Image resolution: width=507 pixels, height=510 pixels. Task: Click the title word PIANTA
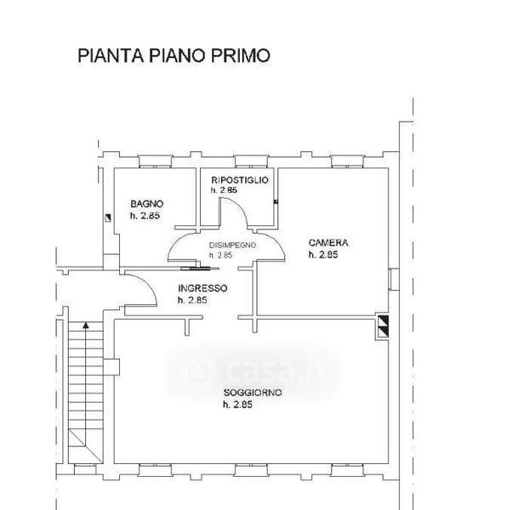(111, 55)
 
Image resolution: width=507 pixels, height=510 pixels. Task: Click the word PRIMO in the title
(241, 55)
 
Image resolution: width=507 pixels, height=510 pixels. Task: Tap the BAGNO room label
(147, 204)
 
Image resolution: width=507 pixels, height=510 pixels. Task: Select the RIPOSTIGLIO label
(240, 180)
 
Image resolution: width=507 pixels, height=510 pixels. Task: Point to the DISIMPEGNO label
(232, 245)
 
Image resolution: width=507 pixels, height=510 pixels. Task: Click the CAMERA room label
(328, 242)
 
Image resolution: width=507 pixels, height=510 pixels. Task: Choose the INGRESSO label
(202, 288)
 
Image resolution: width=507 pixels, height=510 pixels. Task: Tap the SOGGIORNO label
(253, 393)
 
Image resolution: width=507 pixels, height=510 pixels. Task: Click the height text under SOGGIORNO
(237, 405)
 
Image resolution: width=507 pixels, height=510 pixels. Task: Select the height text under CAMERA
(323, 255)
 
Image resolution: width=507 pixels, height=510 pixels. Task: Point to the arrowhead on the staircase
(86, 325)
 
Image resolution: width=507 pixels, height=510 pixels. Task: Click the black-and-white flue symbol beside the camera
(383, 326)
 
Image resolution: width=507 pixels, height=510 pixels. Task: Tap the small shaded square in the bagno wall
(108, 218)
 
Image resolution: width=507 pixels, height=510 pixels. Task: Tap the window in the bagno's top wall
(155, 161)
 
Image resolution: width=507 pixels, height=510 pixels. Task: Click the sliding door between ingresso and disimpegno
(200, 269)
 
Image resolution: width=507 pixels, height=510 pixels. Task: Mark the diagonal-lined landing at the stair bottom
(86, 446)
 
